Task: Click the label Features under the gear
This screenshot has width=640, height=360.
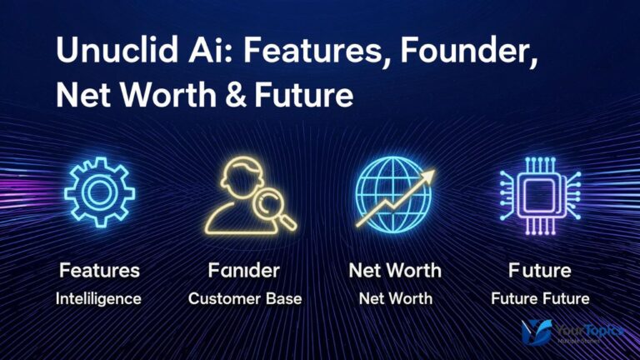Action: click(x=99, y=271)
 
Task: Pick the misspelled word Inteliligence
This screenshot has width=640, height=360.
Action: click(x=99, y=297)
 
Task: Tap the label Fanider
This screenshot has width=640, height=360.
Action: click(x=244, y=271)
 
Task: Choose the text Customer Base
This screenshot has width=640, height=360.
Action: click(x=244, y=297)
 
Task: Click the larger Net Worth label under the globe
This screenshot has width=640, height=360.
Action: click(x=395, y=271)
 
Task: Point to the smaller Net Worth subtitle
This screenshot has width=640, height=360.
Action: click(x=395, y=297)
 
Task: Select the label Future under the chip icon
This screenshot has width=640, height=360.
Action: click(x=539, y=271)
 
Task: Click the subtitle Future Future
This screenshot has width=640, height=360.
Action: click(x=539, y=297)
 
